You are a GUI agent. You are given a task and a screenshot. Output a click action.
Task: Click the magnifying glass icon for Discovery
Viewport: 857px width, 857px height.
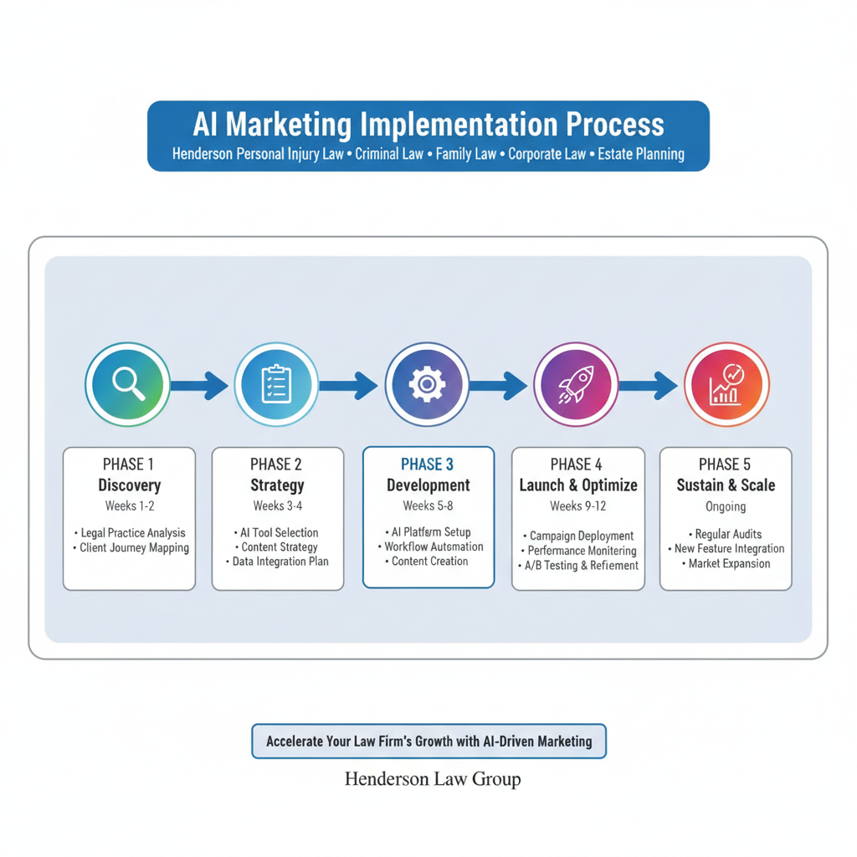128,385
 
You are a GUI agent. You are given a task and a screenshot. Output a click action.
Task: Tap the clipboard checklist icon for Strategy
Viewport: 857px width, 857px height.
276,385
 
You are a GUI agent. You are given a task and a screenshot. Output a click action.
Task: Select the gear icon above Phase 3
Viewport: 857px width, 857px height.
427,385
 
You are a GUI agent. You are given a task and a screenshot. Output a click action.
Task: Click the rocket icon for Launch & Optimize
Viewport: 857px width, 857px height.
576,385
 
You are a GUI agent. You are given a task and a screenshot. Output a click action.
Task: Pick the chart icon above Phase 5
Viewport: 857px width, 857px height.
726,385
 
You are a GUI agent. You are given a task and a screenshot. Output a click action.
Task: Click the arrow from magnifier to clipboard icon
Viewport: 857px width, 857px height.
201,386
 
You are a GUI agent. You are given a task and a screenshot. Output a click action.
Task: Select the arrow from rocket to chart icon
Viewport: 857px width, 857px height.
649,386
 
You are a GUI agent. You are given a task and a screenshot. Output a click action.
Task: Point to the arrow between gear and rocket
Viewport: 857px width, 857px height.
500,386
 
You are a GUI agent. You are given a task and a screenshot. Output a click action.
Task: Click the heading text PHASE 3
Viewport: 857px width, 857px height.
428,464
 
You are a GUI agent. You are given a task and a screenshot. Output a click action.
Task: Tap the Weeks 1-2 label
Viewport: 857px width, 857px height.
129,505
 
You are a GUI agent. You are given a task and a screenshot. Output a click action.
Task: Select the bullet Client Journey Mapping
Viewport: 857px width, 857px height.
131,548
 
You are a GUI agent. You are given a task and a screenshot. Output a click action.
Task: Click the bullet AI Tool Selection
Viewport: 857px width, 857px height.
277,532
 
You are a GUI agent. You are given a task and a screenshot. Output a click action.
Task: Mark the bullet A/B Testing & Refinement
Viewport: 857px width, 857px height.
578,566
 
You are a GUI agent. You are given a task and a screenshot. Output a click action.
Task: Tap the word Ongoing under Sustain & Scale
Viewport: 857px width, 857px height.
725,506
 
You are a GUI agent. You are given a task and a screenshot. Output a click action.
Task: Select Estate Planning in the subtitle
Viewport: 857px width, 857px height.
641,154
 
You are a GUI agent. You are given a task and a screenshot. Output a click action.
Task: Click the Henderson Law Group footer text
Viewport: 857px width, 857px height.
433,779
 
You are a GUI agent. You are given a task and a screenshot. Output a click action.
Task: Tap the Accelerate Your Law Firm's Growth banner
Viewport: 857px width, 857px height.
428,742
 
